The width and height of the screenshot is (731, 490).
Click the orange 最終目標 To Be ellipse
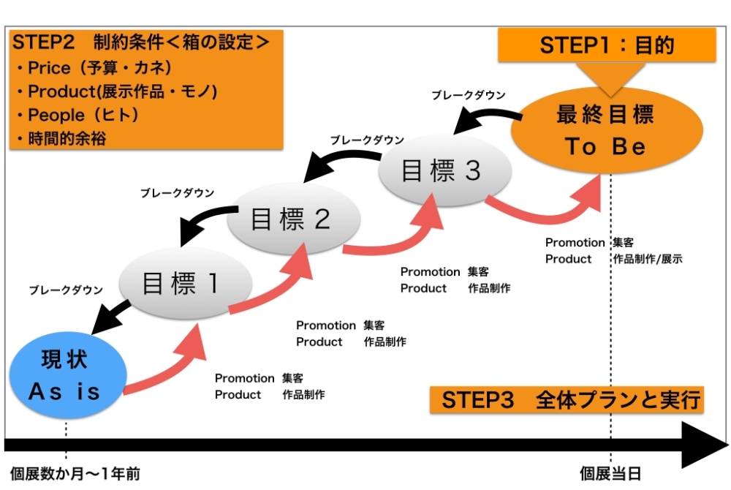[606, 132]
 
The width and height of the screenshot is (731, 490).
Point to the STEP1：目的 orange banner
[607, 45]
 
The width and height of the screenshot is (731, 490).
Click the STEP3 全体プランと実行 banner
[567, 400]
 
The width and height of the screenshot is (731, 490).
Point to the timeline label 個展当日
[610, 474]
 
